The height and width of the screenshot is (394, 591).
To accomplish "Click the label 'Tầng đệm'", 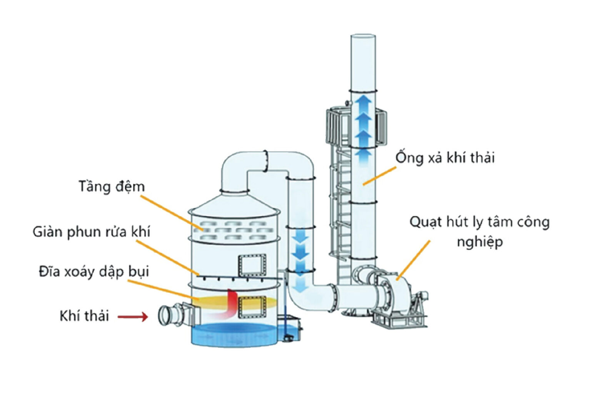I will pyautogui.click(x=112, y=187).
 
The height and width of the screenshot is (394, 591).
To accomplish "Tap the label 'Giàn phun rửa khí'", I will pyautogui.click(x=91, y=232).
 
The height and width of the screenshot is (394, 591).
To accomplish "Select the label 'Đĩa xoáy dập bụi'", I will pyautogui.click(x=93, y=272).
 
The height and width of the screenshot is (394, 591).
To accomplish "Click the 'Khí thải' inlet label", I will pyautogui.click(x=84, y=316).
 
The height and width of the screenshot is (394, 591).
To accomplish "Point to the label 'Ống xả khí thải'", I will pyautogui.click(x=445, y=158).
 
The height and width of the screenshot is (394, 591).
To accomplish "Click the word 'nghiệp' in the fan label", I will pyautogui.click(x=479, y=242).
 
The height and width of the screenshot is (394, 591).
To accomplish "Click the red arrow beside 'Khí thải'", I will pyautogui.click(x=133, y=317).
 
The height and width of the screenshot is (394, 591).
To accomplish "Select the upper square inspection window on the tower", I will pyautogui.click(x=252, y=265).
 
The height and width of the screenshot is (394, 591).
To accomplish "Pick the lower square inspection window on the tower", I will pyautogui.click(x=252, y=307).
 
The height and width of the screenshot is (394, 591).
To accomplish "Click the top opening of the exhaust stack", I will pyautogui.click(x=363, y=37).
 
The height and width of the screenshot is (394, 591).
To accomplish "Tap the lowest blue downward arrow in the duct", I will pyautogui.click(x=301, y=284).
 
